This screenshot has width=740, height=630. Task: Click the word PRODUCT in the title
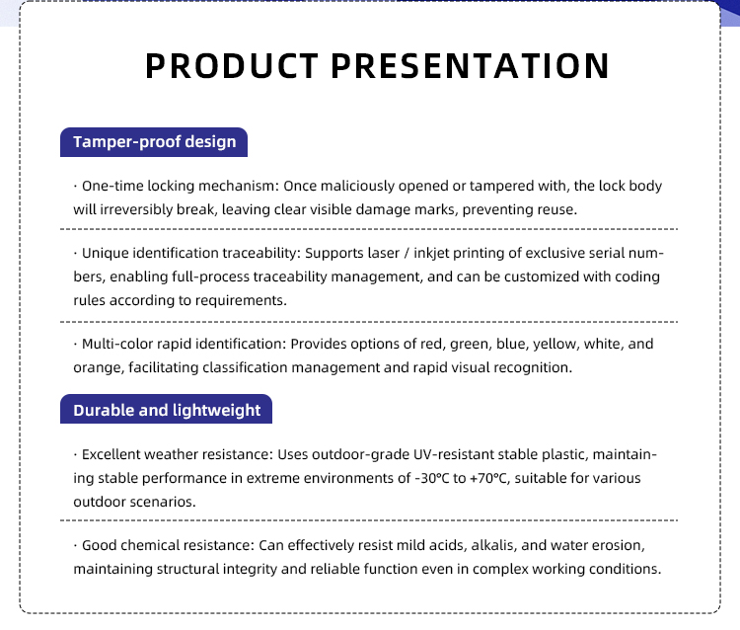point(232,65)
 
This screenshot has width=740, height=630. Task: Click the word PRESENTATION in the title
point(470,65)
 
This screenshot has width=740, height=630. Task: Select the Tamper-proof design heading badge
point(154,142)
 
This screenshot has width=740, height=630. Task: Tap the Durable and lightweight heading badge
point(166,409)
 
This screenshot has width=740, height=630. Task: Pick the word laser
point(385,253)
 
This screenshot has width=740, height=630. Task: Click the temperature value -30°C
point(432,478)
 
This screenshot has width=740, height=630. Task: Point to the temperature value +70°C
point(489,478)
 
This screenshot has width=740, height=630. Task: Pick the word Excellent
point(111,454)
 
